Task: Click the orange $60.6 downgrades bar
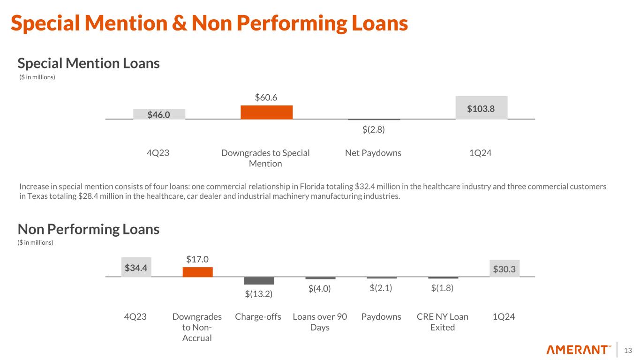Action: (x=266, y=112)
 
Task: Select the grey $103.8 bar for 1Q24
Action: (x=482, y=108)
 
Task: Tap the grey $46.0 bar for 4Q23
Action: (x=159, y=114)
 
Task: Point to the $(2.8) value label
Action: (x=373, y=130)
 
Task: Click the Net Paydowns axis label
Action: (x=373, y=153)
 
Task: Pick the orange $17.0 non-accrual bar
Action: (x=197, y=272)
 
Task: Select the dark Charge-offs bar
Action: (x=259, y=281)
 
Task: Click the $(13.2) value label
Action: (x=259, y=294)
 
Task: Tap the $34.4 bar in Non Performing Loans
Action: (x=136, y=268)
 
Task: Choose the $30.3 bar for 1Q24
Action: (x=504, y=269)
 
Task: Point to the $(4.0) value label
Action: (x=320, y=289)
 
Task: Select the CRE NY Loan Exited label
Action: (x=443, y=322)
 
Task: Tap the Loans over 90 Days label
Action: (x=320, y=322)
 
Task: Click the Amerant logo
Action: (x=579, y=350)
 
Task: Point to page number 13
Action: (x=628, y=350)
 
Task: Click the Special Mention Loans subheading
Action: (x=89, y=63)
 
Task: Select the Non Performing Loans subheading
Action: (x=89, y=229)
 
